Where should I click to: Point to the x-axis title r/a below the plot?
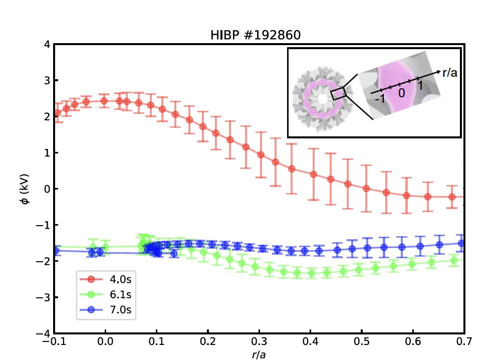[260, 355]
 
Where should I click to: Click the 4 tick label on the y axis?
[46, 45]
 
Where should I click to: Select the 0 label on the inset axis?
[401, 93]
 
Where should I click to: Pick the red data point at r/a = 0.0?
[104, 101]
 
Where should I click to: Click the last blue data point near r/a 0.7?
[461, 244]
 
